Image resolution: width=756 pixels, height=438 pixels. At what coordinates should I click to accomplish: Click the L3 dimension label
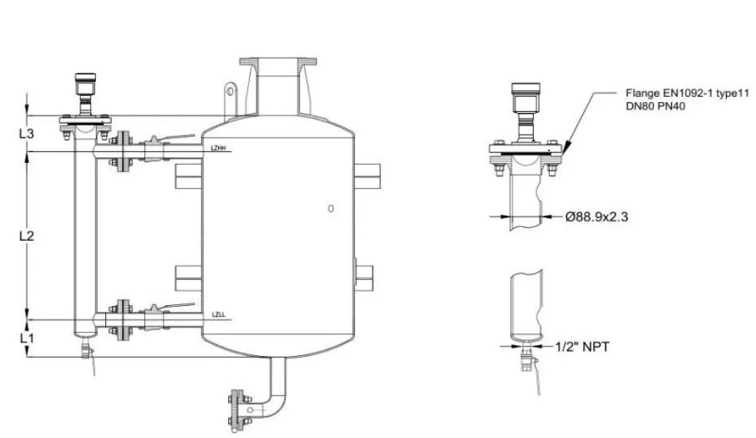point(25,133)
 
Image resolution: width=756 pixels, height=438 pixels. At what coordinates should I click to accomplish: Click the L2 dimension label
point(25,237)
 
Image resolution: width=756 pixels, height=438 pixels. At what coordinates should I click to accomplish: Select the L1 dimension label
point(25,339)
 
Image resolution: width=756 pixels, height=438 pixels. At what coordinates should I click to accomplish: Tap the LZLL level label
point(219,315)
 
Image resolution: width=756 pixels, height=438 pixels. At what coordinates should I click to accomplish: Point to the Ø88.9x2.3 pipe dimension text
point(596,216)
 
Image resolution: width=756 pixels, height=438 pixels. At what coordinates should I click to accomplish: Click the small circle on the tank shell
point(331,207)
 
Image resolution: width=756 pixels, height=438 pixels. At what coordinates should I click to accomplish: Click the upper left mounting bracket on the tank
point(189,176)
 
